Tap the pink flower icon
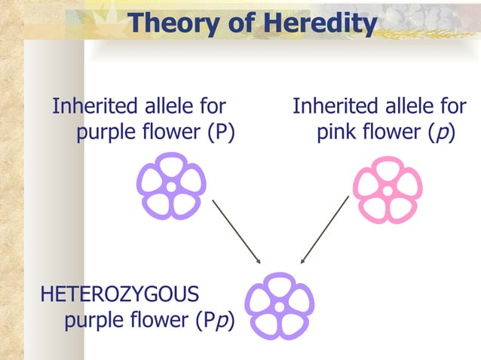click(x=388, y=190)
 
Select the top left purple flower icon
click(x=171, y=185)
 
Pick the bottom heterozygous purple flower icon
click(x=280, y=306)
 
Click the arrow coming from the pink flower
click(x=324, y=230)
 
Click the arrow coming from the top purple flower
click(x=236, y=231)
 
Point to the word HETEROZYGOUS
click(x=120, y=293)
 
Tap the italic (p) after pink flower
click(x=443, y=133)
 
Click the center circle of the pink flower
click(x=388, y=191)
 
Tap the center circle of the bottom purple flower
click(x=280, y=307)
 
